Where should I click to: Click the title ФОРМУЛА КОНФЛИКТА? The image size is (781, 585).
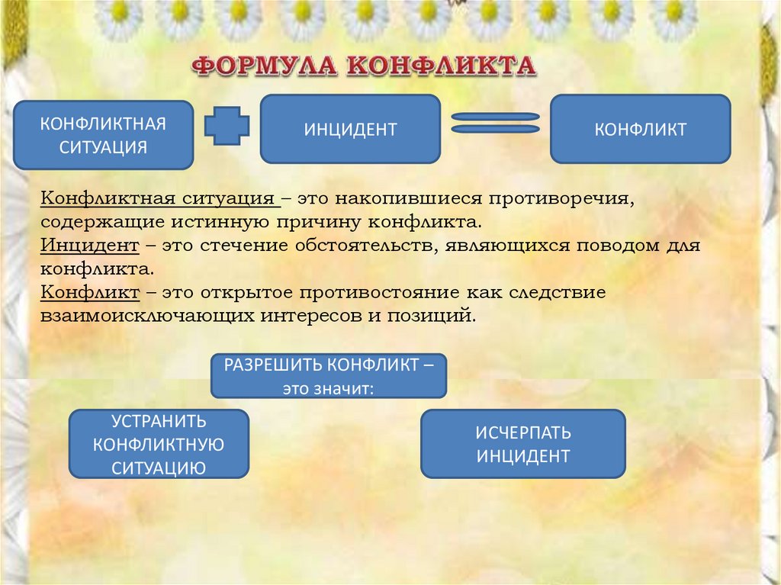click(364, 66)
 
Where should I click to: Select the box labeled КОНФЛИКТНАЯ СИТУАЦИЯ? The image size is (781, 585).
click(104, 135)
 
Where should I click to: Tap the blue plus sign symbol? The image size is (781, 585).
click(227, 126)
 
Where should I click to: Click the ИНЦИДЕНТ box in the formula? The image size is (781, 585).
click(350, 129)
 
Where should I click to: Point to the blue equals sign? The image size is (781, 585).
click(496, 123)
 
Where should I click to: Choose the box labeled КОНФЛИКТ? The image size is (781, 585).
click(640, 129)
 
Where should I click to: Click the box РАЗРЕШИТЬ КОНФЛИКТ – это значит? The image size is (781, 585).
click(329, 375)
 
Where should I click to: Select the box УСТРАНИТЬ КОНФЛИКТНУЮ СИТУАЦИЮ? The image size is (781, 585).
click(159, 444)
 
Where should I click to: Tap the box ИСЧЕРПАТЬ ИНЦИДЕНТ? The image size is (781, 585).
click(523, 444)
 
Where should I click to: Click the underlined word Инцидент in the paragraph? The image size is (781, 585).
click(89, 246)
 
